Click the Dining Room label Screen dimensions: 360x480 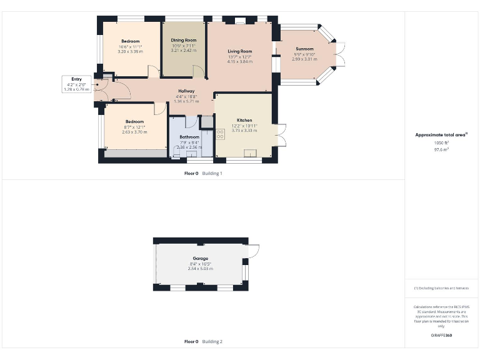[x=184, y=40]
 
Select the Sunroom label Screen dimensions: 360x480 [x=305, y=48]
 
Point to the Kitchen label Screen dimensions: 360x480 [x=244, y=119]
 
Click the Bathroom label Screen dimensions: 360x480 [x=189, y=137]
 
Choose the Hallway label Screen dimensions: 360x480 [x=186, y=91]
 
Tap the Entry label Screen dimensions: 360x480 [x=76, y=79]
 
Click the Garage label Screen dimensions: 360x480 [x=201, y=258]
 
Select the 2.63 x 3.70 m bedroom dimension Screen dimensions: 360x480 [x=134, y=132]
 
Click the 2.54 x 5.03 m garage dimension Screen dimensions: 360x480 [x=201, y=269]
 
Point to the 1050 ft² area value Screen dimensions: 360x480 [x=441, y=142]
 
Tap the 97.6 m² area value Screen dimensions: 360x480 [x=441, y=149]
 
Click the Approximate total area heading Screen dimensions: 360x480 [x=441, y=134]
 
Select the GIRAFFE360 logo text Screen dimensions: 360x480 [x=441, y=336]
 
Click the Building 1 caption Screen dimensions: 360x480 [x=212, y=173]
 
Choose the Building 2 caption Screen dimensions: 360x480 [x=212, y=342]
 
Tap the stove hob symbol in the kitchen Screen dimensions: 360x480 [x=221, y=134]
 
